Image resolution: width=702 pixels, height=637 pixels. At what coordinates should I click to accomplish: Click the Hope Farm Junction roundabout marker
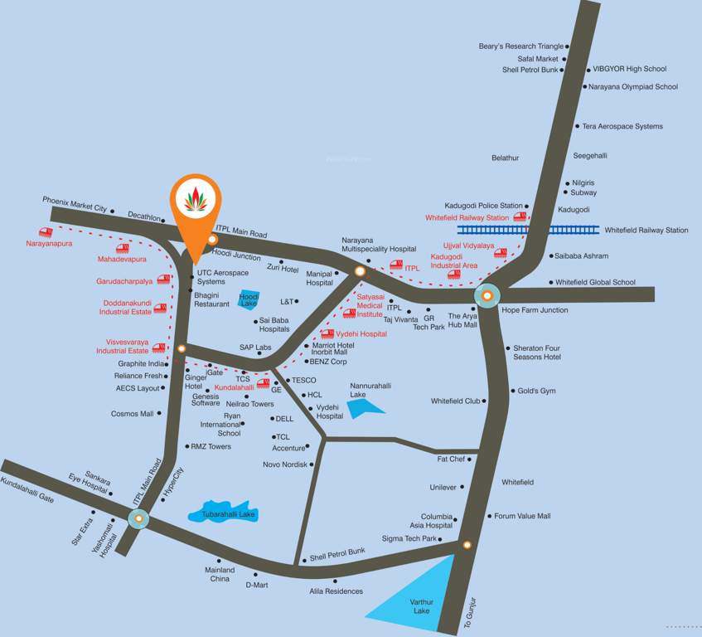(487, 294)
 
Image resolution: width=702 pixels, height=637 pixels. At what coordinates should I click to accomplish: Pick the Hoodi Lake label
(249, 299)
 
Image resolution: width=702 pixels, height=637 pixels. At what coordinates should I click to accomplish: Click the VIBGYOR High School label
(629, 69)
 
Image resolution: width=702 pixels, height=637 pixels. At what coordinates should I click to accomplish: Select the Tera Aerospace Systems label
(622, 126)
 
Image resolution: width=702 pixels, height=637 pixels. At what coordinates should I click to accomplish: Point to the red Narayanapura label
(49, 244)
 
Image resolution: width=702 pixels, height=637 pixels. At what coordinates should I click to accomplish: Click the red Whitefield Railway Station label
(467, 217)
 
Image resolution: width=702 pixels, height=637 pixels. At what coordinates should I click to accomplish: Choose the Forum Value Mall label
(522, 516)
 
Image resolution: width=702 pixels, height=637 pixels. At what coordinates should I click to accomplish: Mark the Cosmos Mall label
(133, 414)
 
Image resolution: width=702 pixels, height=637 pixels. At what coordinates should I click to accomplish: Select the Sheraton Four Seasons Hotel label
(537, 353)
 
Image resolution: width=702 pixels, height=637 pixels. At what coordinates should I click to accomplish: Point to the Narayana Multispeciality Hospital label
(379, 244)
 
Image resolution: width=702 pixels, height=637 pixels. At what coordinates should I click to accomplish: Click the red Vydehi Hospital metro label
(361, 333)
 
